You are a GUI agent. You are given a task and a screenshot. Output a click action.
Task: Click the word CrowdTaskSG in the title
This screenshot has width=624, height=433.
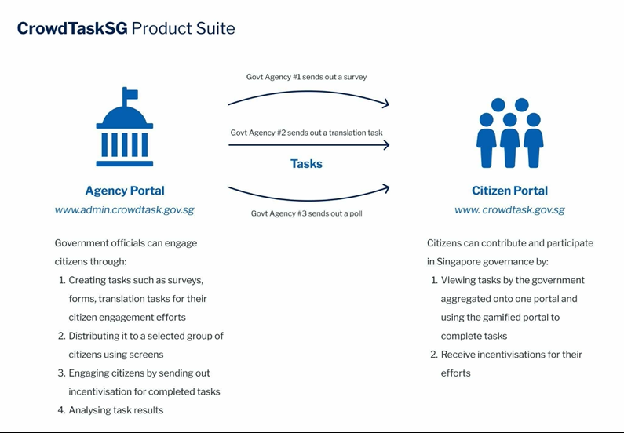pos(72,28)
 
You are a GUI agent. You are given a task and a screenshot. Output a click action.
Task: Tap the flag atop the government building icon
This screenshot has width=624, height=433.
pos(130,94)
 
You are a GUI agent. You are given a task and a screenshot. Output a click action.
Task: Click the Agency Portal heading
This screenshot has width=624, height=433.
pos(125,191)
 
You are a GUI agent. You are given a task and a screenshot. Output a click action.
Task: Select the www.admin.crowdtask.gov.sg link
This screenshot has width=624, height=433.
pos(125,209)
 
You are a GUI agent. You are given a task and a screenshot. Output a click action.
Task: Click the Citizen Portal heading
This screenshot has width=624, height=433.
pos(509,191)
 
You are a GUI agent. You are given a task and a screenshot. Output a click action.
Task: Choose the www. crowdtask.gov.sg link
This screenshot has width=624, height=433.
pos(509,209)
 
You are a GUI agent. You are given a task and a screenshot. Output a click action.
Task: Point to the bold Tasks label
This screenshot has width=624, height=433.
pos(306,163)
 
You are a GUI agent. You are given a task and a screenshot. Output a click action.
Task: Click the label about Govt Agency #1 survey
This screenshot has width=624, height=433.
pos(306,77)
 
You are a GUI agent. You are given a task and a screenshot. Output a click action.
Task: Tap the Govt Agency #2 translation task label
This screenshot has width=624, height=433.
pos(306,133)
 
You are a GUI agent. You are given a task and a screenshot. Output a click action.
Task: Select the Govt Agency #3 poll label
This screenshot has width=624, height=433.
pos(306,213)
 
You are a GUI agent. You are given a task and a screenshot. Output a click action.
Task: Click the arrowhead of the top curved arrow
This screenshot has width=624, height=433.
pos(385,104)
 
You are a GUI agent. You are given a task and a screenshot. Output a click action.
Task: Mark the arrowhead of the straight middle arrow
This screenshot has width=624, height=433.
pos(385,145)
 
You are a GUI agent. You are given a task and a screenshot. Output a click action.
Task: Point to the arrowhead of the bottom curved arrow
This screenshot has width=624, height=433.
pos(385,188)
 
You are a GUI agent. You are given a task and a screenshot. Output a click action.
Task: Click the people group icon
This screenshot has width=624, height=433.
pos(509,133)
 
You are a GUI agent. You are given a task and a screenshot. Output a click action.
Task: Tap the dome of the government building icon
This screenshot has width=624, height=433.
pos(125,115)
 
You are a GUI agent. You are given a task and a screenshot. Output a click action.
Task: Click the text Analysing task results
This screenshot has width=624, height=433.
pos(116,410)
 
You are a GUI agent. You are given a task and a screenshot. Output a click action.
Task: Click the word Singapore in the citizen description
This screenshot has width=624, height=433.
pos(458,262)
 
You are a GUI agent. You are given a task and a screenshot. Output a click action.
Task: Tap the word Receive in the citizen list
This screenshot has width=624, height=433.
pos(458,355)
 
